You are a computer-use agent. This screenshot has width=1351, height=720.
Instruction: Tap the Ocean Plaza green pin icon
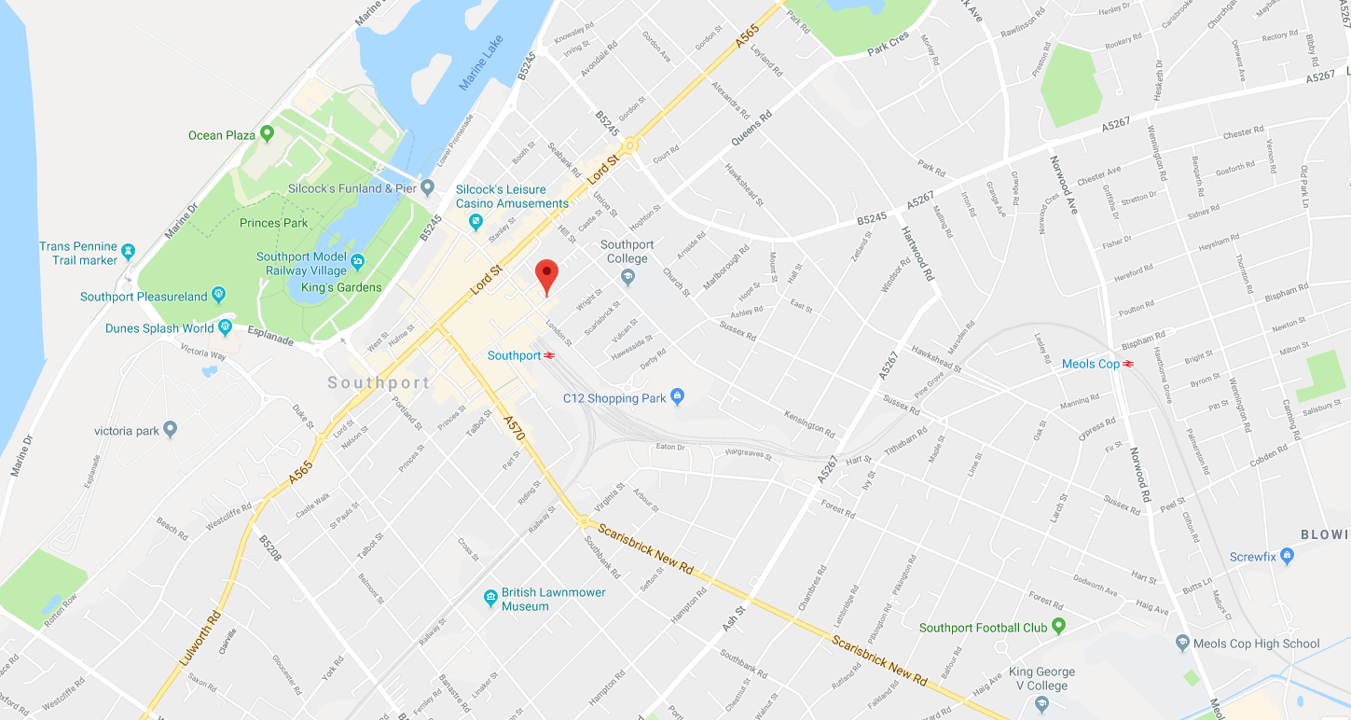coord(268,134)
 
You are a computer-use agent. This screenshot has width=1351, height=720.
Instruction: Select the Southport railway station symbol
coord(550,355)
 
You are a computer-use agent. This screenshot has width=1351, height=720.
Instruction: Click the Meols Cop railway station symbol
coord(1128,364)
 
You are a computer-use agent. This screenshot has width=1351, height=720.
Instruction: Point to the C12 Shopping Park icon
coord(678,397)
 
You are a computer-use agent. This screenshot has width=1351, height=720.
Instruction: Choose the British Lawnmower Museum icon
coord(490,598)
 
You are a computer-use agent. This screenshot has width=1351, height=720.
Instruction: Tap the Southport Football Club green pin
coord(1058,627)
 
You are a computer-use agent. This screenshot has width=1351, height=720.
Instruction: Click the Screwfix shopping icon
coord(1288,557)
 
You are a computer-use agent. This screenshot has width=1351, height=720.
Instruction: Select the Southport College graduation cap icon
coord(628,276)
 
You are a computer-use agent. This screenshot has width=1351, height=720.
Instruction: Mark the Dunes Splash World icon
coord(225,327)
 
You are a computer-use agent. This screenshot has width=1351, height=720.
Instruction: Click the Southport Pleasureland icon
coord(219,296)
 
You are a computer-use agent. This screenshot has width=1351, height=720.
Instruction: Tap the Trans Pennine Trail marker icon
coord(129,252)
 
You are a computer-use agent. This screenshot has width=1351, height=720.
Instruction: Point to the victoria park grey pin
coord(170,430)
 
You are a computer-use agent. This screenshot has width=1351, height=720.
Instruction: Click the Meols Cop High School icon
coord(1183,643)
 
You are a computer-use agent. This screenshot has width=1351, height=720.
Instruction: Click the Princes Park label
coord(273,223)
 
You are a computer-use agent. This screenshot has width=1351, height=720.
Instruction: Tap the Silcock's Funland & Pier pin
coord(428,188)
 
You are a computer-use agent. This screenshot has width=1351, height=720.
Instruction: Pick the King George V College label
coord(1041,679)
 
